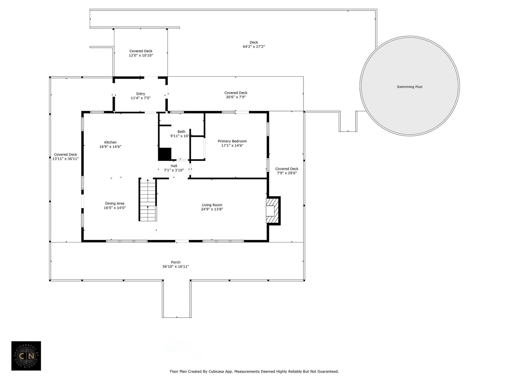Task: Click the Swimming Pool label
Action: click(409, 87)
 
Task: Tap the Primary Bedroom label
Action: click(232, 141)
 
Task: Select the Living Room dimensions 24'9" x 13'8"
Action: click(212, 209)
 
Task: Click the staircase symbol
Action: click(148, 200)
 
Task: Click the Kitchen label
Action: click(110, 142)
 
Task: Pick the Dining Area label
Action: click(115, 203)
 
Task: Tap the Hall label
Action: click(174, 166)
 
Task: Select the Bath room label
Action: click(181, 132)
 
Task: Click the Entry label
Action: click(141, 94)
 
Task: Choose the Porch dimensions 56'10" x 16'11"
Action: click(176, 267)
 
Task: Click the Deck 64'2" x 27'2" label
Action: click(254, 44)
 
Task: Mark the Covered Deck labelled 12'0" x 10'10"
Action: click(141, 53)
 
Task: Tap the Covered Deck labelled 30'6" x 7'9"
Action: click(235, 95)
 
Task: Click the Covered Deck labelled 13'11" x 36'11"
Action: click(66, 157)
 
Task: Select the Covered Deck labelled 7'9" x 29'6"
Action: click(287, 171)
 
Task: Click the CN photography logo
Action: click(26, 356)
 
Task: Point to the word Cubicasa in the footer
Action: click(213, 372)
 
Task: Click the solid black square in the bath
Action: click(165, 154)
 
